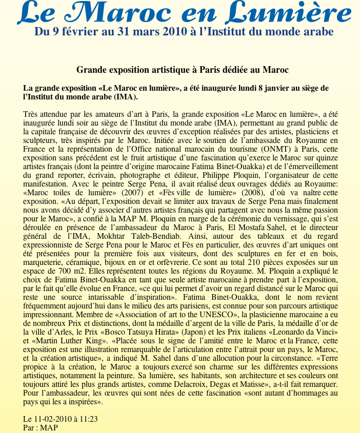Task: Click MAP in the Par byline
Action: click(x=49, y=427)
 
